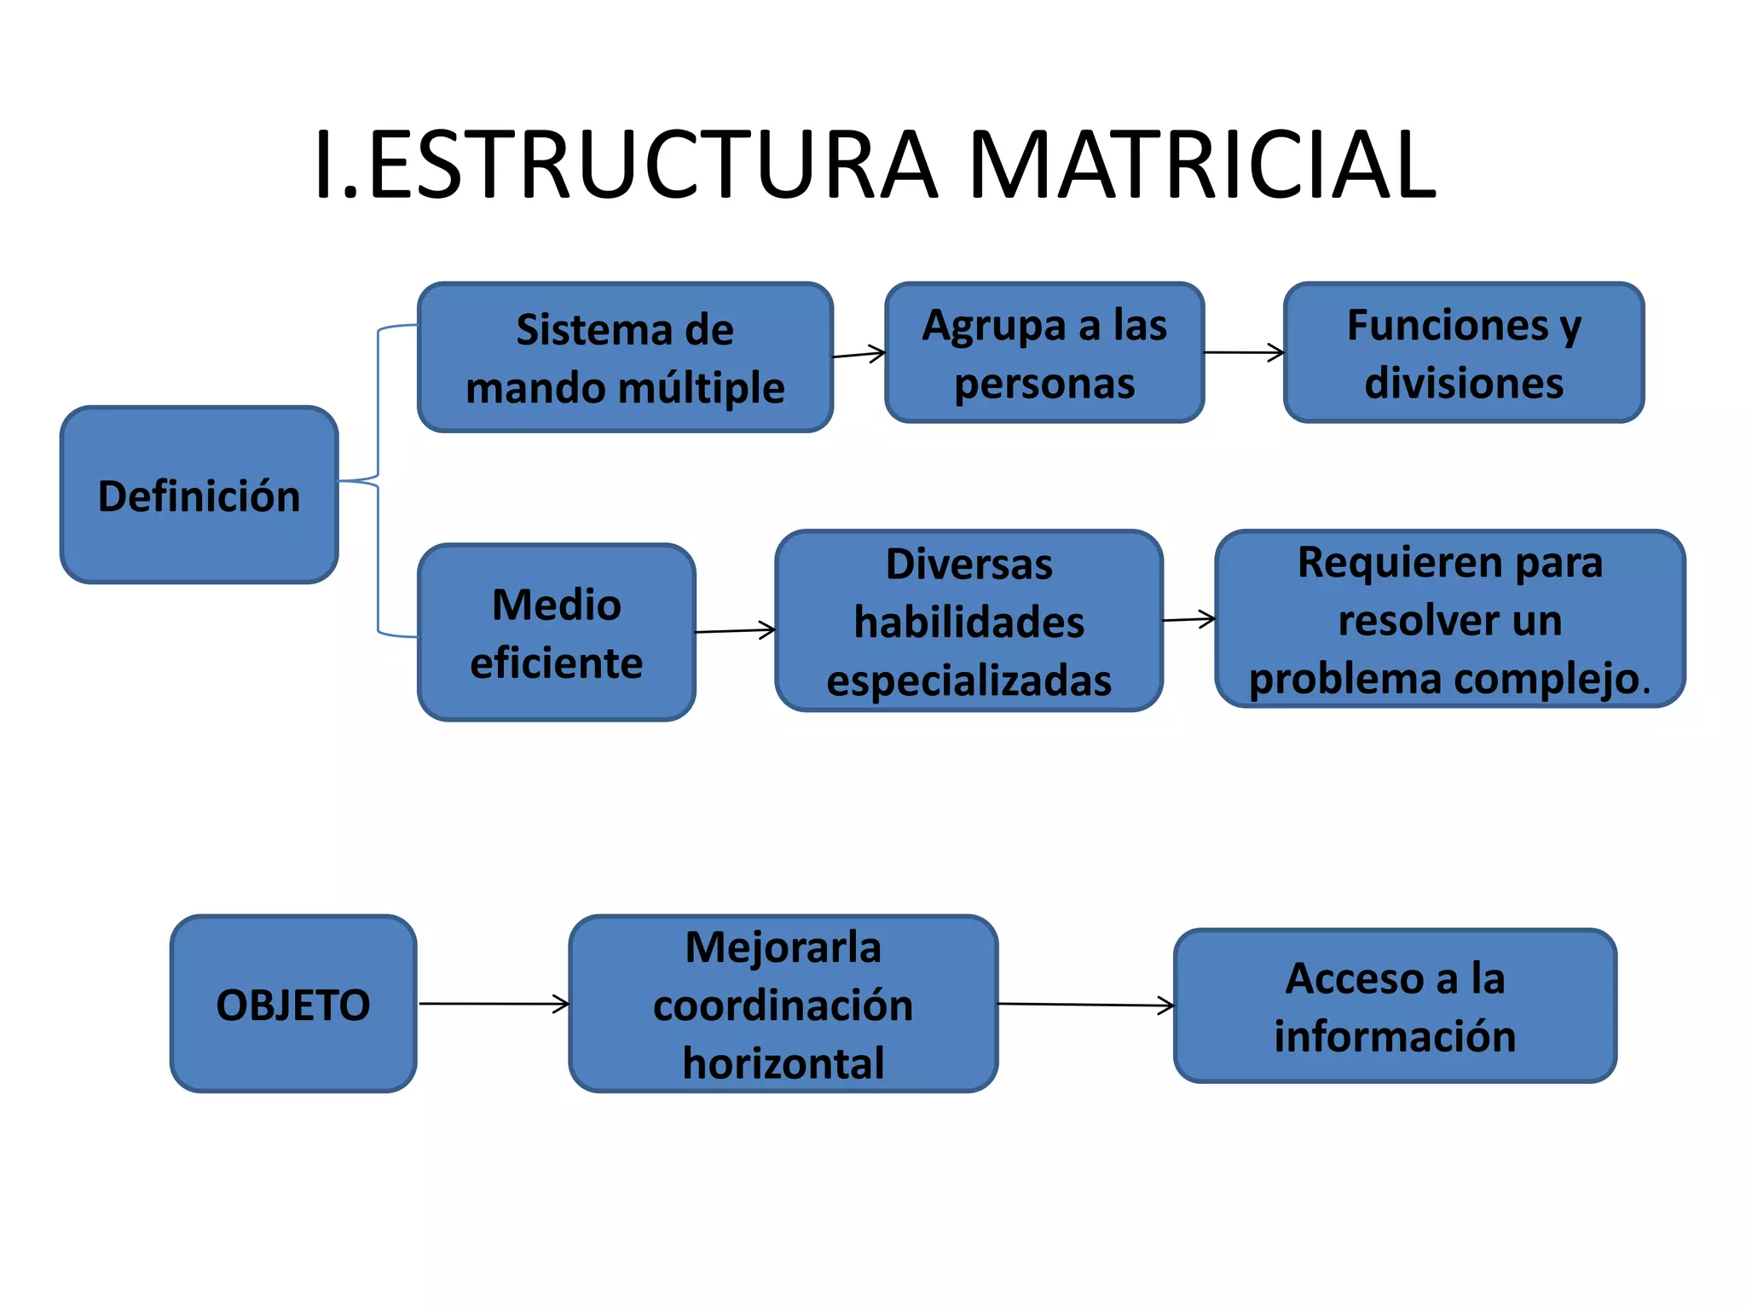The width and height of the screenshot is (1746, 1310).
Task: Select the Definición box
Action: pos(199,496)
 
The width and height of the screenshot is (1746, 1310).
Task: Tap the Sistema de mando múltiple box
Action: pos(625,357)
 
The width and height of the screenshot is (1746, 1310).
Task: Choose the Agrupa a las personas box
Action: pos(1044,353)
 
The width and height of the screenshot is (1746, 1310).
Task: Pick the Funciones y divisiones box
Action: pos(1464,353)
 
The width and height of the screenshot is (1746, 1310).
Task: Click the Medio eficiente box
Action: pos(557,633)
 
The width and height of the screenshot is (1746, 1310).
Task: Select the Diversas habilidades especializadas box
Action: pos(969,621)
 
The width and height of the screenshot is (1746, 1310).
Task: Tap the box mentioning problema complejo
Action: pos(1450,619)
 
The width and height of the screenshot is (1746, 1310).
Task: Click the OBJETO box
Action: pos(293,1004)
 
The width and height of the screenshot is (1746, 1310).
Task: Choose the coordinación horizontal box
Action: pos(783,1004)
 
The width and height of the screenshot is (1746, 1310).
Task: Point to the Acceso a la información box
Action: pos(1395,1006)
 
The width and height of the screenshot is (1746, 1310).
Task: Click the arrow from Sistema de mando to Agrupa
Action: pos(859,354)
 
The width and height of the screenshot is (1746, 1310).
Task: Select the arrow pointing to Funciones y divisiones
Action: pos(1244,352)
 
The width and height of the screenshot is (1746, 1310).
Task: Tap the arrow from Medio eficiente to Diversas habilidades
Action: pos(736,631)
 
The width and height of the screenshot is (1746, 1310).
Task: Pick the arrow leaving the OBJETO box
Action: pos(494,1004)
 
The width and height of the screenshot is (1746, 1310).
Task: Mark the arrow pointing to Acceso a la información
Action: pos(1085,1006)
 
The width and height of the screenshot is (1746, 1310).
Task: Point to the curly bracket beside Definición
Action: pos(379,480)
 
